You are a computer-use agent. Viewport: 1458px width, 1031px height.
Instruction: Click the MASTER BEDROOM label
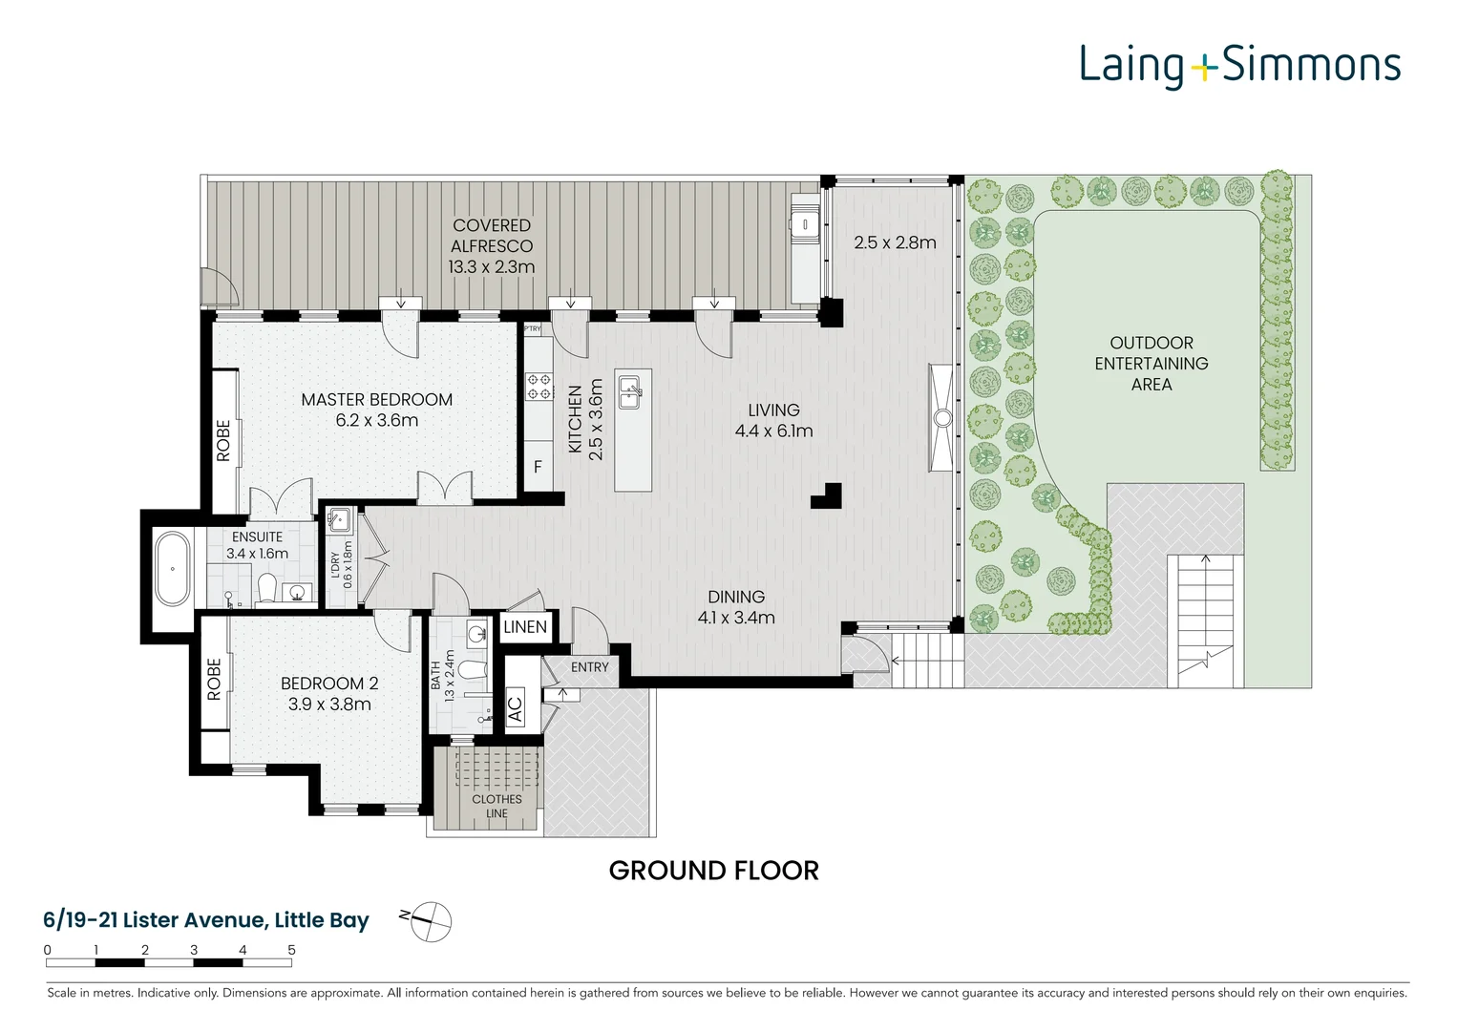tap(376, 400)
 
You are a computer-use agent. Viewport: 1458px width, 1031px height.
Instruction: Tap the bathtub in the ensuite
tap(173, 569)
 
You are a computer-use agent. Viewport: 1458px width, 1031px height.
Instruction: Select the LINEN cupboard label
tap(524, 627)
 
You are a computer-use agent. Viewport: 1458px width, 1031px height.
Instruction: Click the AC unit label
tap(515, 709)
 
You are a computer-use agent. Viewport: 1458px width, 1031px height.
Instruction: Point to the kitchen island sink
tap(630, 391)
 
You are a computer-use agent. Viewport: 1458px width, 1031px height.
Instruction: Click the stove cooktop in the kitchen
tap(539, 386)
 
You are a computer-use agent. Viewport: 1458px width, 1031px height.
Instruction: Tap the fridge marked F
tap(538, 467)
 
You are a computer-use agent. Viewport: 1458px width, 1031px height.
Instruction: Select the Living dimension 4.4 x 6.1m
tap(774, 431)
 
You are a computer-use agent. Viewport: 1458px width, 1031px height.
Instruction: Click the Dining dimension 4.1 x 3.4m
tap(736, 617)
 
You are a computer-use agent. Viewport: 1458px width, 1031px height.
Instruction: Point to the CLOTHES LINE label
tap(497, 806)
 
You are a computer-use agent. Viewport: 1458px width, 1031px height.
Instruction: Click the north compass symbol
tap(431, 921)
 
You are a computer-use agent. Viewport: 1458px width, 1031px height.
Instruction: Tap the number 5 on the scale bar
tap(291, 950)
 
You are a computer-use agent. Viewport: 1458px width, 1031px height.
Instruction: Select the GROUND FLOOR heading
tap(713, 871)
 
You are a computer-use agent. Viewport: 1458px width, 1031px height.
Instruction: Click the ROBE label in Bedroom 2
tap(214, 680)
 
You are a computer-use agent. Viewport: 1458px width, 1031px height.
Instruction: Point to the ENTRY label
tap(590, 667)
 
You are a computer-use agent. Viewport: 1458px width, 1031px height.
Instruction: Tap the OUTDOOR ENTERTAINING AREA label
tap(1151, 363)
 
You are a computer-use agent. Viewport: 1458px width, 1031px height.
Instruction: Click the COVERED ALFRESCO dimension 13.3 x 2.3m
tap(492, 267)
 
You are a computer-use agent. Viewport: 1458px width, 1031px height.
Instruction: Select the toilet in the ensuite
tap(266, 588)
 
